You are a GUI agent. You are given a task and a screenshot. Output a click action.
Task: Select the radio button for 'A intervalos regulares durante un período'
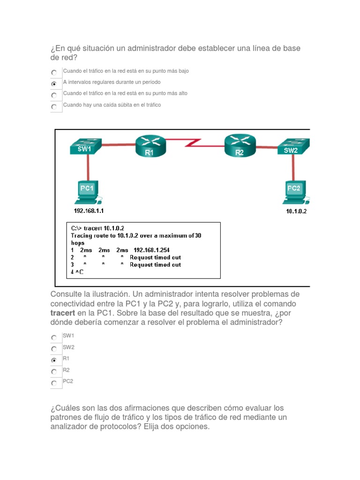(x=54, y=84)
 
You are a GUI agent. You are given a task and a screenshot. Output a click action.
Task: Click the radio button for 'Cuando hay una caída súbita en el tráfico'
(x=54, y=107)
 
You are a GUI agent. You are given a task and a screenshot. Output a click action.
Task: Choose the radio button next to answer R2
(x=54, y=372)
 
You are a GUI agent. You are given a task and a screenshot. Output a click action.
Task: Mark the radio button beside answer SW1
(x=54, y=337)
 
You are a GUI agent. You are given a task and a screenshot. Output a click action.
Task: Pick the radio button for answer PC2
(x=54, y=383)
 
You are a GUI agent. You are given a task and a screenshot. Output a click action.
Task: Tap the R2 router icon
(x=240, y=145)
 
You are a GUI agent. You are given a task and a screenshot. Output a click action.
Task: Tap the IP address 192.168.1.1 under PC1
(x=89, y=211)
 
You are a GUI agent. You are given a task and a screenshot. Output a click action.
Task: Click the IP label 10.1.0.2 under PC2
(x=296, y=211)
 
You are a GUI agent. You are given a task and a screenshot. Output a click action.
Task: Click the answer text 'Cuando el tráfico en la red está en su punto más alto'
(x=125, y=93)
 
